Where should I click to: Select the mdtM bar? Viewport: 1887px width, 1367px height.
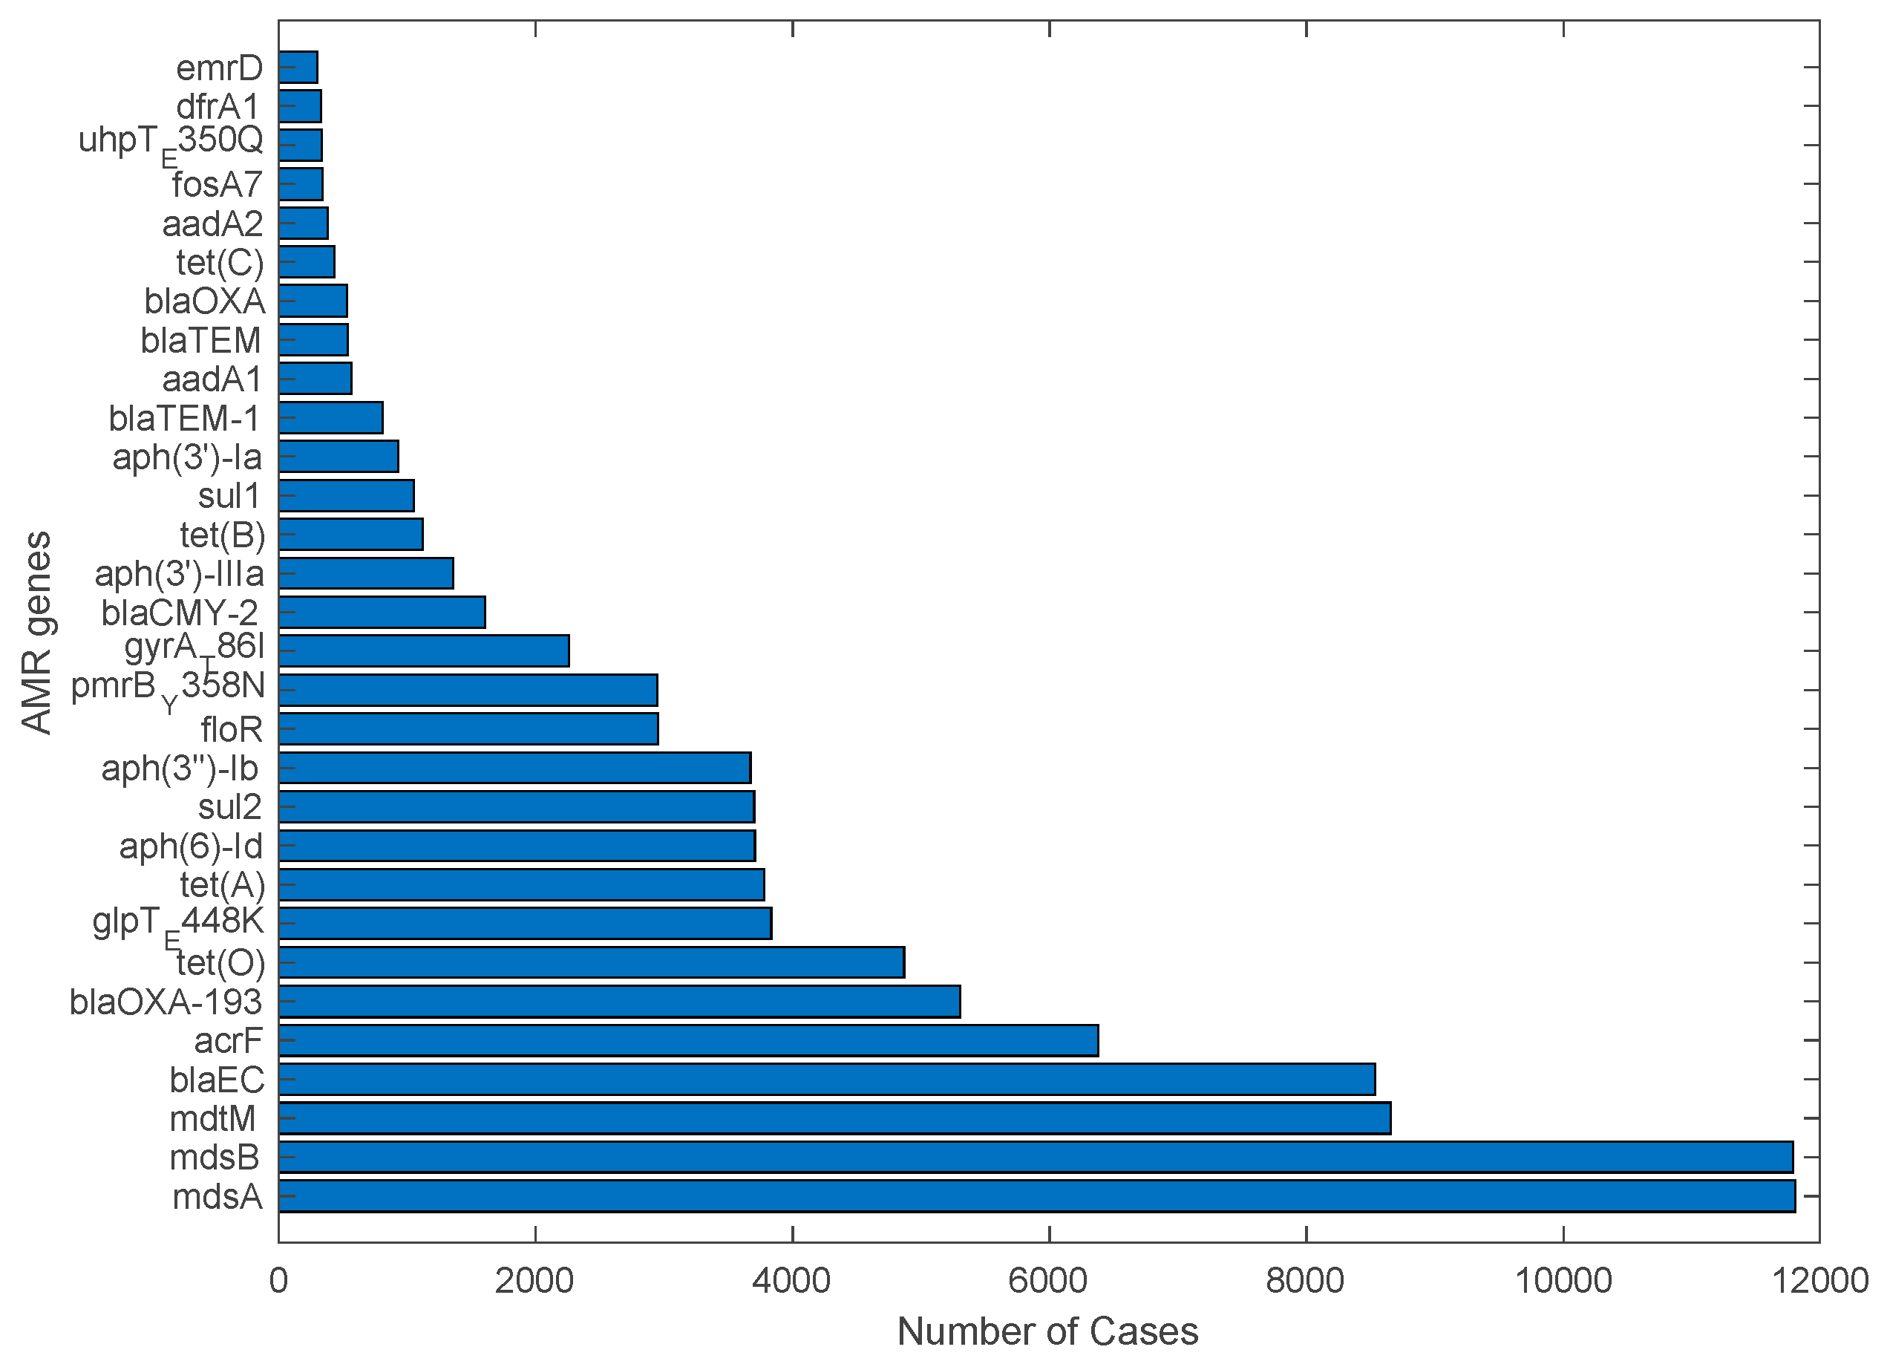point(834,1118)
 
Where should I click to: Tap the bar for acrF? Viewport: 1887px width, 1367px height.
point(688,1040)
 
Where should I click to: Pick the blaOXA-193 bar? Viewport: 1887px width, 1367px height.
point(619,1001)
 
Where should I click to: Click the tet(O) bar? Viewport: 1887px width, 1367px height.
point(591,962)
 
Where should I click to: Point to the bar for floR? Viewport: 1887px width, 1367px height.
point(468,729)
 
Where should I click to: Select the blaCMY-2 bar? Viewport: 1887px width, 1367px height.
point(381,613)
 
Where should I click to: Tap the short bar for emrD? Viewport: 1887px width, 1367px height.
point(298,68)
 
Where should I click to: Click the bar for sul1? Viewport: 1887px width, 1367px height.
point(346,496)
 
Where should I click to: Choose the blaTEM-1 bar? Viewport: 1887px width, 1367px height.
point(330,417)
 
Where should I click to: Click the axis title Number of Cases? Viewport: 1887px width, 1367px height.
point(1047,1332)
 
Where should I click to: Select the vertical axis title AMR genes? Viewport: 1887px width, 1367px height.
point(36,633)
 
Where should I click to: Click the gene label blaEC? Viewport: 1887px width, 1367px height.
point(216,1080)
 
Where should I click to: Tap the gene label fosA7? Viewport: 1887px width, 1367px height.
point(218,185)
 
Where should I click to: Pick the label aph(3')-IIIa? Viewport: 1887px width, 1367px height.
point(179,574)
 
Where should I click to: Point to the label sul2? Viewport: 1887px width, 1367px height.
point(229,807)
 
